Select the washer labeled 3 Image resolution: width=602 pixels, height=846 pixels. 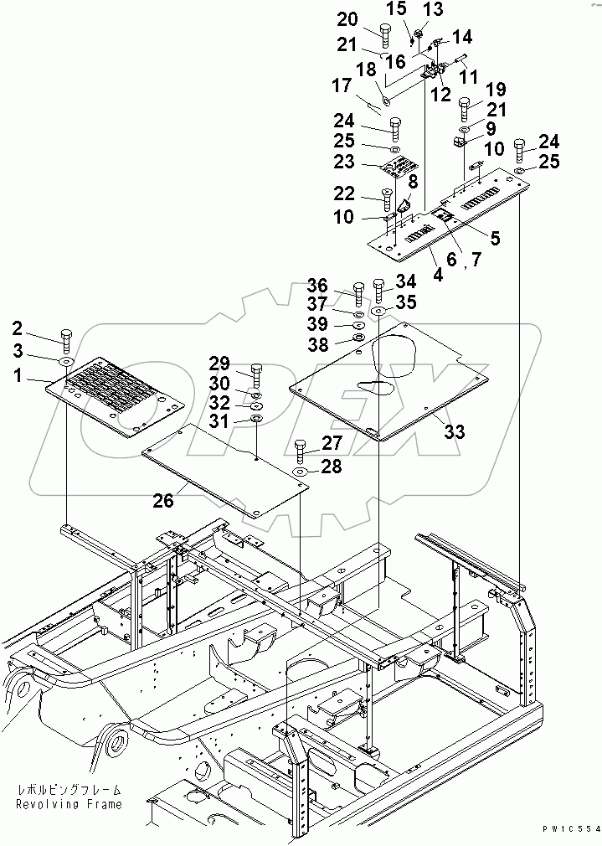(x=65, y=361)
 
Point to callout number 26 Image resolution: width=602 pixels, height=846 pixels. (x=162, y=500)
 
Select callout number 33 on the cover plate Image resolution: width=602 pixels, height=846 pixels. (x=454, y=431)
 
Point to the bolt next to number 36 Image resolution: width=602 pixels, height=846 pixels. (x=358, y=292)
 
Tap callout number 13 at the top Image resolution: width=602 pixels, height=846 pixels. (x=432, y=9)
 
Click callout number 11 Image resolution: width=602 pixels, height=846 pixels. (x=469, y=75)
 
